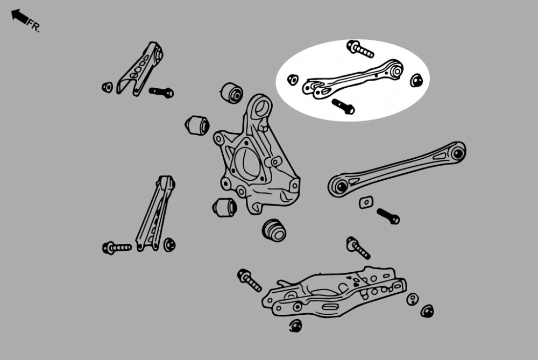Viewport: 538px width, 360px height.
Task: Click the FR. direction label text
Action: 33,25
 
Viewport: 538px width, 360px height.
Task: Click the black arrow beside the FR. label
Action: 19,17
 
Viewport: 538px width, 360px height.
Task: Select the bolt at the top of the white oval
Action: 360,49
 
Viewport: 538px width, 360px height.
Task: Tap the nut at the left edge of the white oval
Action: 293,80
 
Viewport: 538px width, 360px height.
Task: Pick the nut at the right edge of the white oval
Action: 416,80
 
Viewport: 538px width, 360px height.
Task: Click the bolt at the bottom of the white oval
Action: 343,107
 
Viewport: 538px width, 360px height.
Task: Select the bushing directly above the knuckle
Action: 231,93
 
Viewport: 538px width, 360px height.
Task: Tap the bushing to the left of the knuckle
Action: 197,125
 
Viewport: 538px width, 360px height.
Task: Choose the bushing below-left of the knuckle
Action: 224,207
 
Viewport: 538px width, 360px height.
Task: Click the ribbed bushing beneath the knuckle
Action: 274,230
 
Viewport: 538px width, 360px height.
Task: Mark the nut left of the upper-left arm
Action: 108,87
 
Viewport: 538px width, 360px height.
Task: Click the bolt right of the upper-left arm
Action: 161,92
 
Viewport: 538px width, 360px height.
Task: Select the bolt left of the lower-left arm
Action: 117,248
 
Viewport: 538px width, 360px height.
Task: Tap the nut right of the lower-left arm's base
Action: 169,245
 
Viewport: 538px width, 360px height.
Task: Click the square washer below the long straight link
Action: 366,202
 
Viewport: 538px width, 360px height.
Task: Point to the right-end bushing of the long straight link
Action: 458,152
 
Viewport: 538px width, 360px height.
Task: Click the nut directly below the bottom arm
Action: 295,326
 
